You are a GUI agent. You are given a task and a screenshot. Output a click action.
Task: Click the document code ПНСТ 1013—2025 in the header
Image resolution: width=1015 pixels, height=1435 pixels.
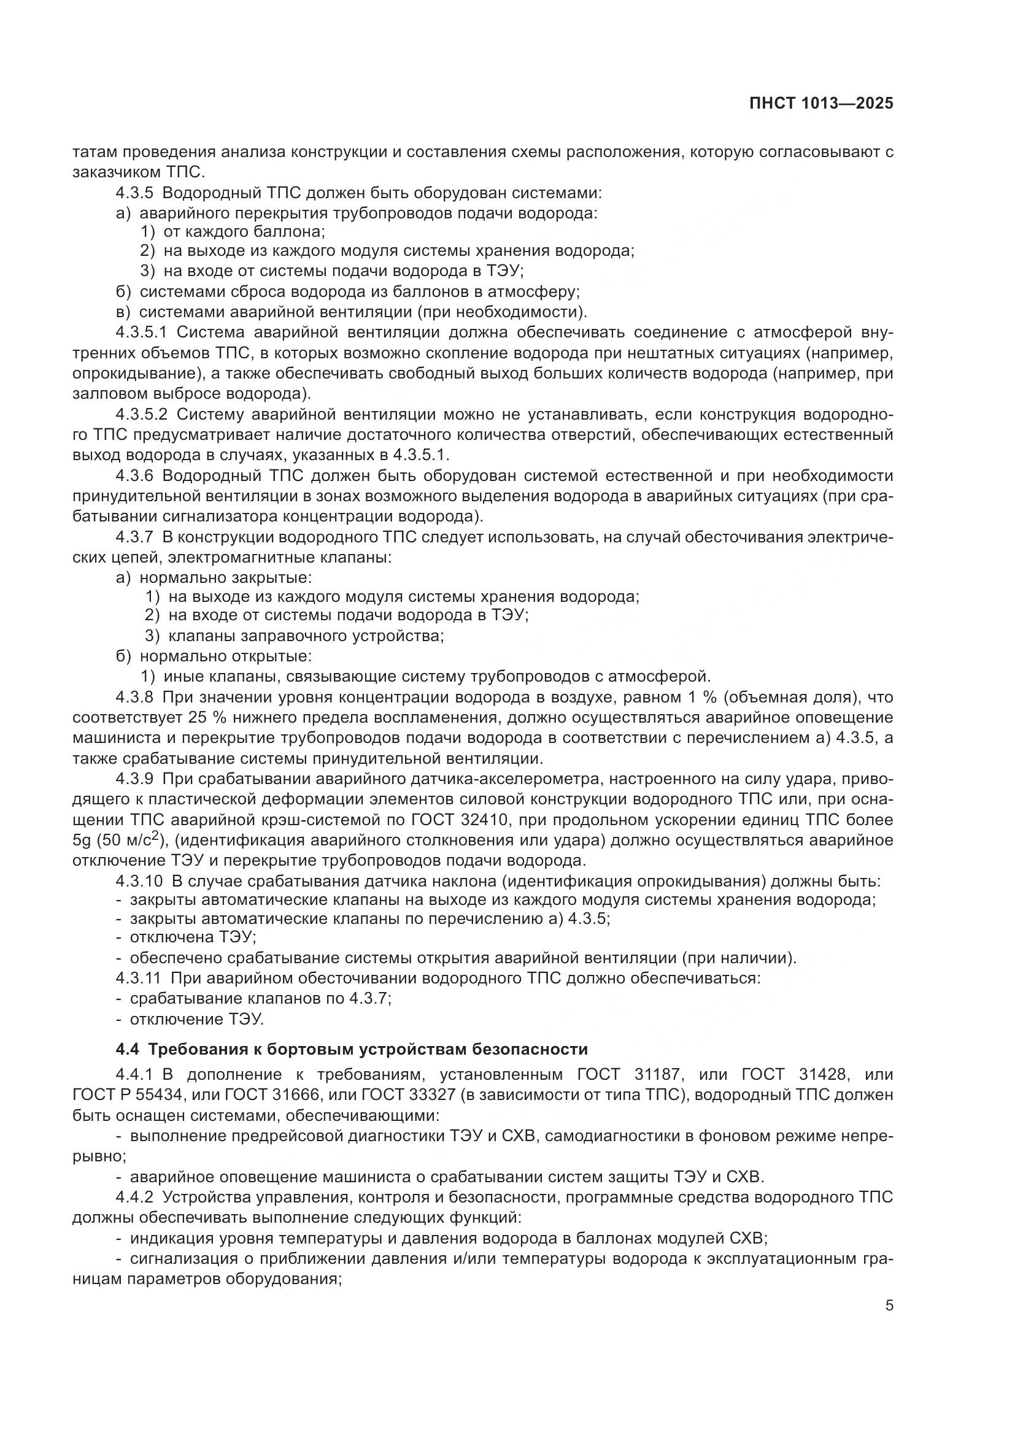821,104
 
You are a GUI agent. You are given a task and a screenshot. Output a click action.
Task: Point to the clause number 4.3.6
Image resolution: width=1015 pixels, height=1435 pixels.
134,475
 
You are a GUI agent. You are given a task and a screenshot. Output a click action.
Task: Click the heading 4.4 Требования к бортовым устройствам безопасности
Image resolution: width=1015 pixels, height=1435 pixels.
352,1049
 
